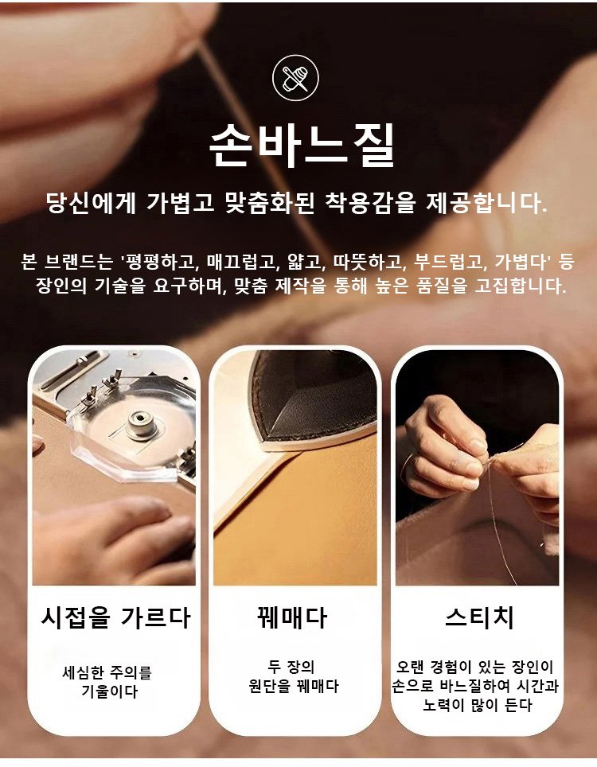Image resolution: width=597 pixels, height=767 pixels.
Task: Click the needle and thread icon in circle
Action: (295, 78)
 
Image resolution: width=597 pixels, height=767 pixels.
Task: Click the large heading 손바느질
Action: (302, 146)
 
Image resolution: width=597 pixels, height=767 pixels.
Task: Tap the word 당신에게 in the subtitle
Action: (91, 203)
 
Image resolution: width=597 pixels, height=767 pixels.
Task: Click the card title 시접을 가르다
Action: (115, 617)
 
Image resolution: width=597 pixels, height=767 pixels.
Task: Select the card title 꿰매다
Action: (292, 617)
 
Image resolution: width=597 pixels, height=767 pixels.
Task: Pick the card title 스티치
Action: (479, 617)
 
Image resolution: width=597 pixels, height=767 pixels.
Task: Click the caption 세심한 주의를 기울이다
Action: (107, 682)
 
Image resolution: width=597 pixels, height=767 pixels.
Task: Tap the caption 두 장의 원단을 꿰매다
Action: (293, 676)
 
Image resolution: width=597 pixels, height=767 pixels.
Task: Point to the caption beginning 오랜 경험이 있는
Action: (474, 686)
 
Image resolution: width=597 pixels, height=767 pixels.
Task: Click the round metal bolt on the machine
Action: (142, 423)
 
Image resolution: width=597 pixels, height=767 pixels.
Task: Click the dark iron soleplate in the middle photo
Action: (314, 395)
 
